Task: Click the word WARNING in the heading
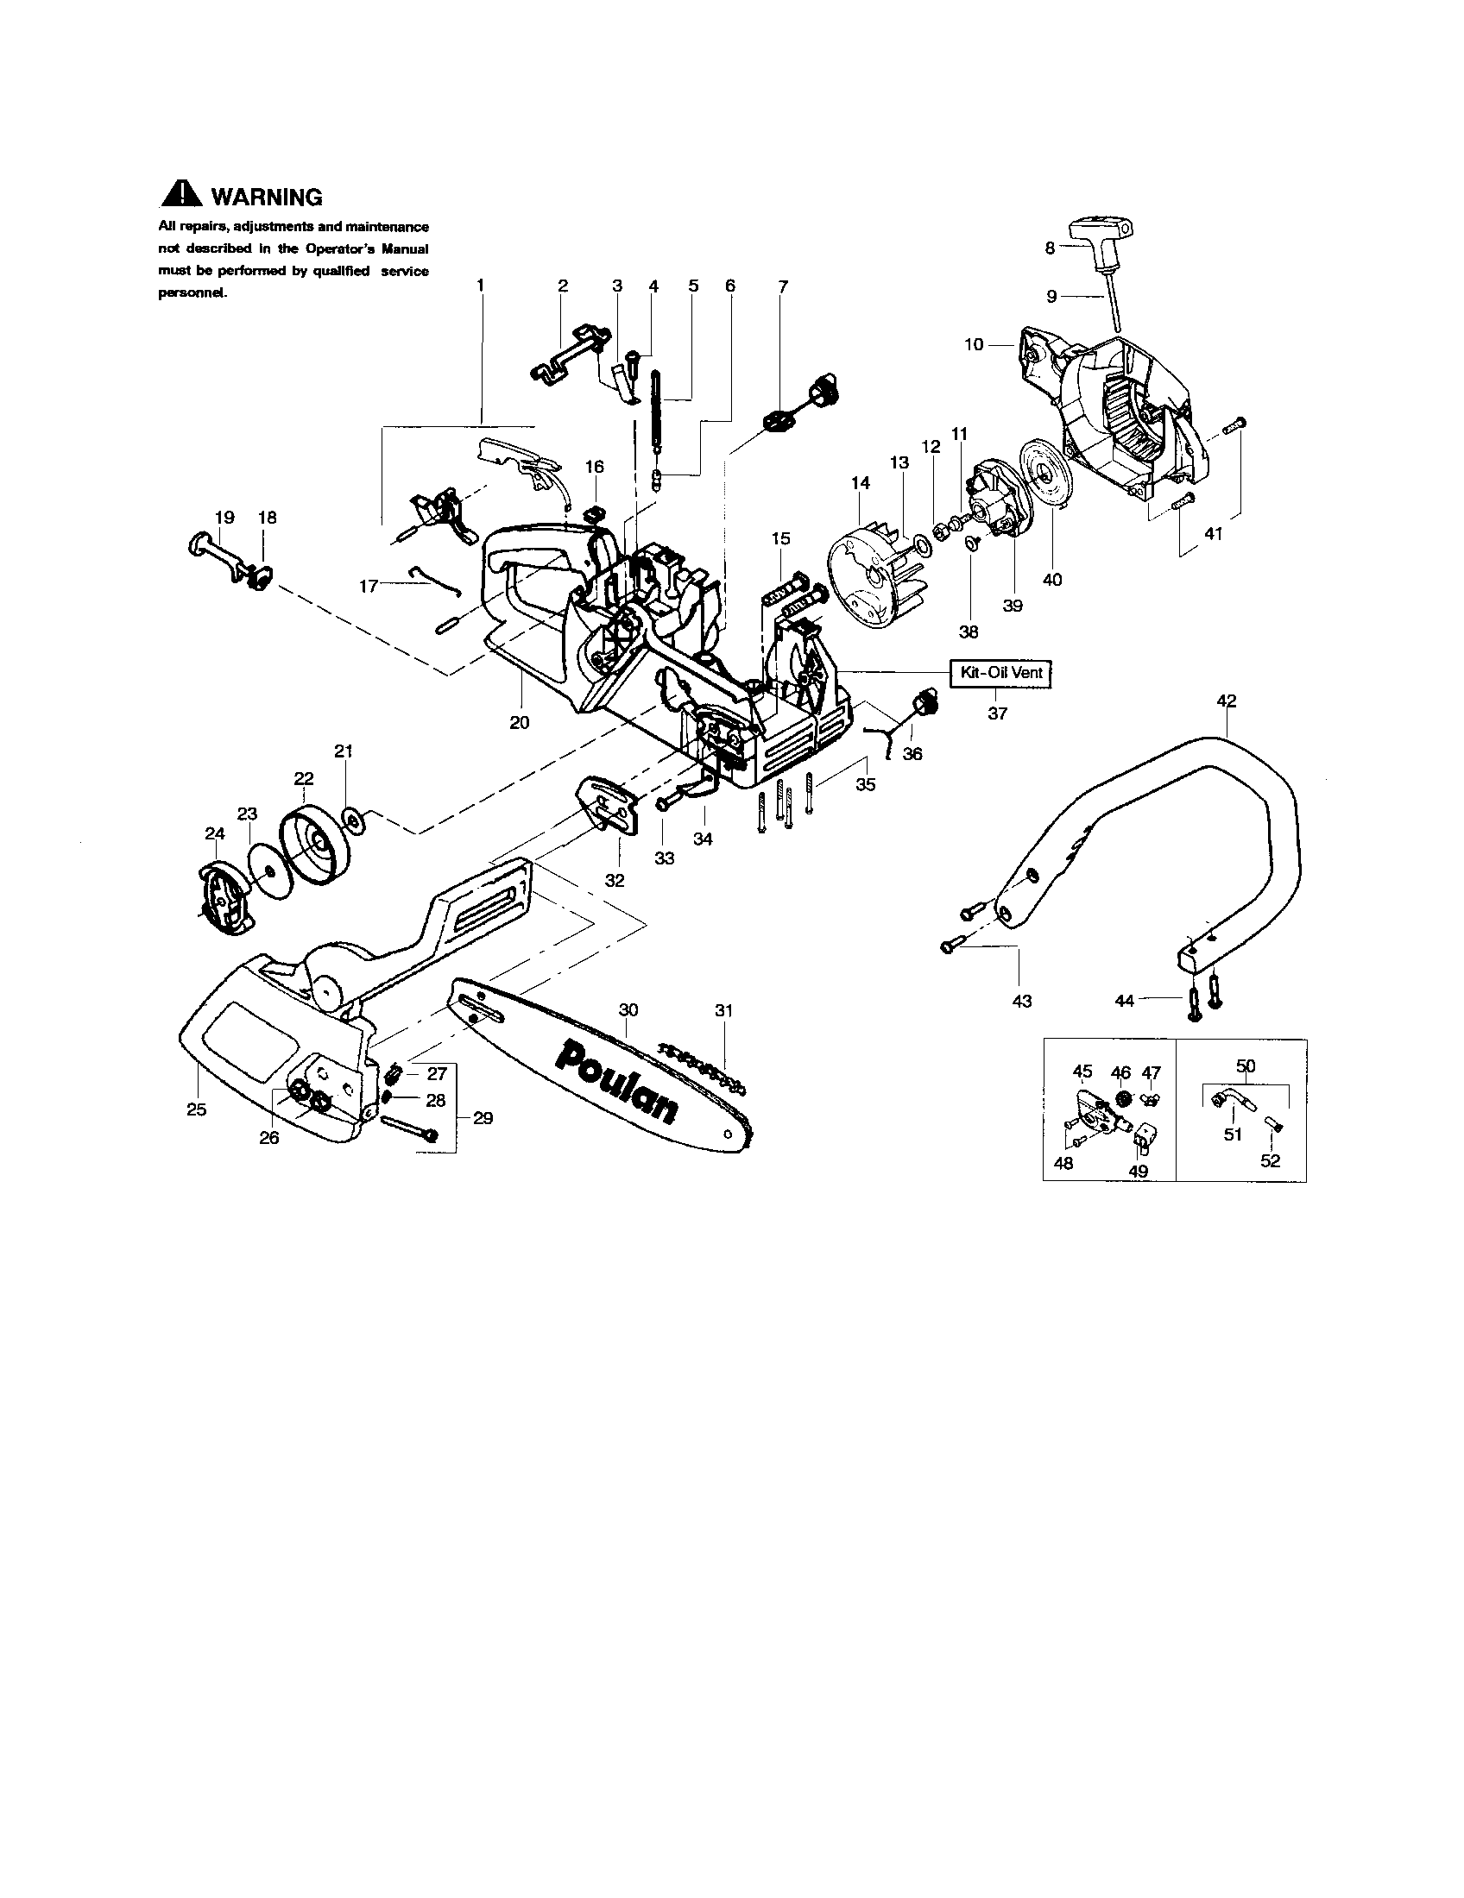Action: tap(267, 198)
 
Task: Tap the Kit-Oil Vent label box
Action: tap(1000, 673)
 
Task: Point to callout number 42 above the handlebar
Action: tap(1226, 701)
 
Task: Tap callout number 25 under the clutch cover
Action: tap(197, 1109)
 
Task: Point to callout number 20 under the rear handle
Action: tap(519, 722)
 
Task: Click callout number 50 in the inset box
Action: tap(1245, 1065)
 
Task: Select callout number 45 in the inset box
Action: tap(1082, 1072)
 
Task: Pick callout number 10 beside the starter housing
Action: tap(974, 344)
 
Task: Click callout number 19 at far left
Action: tap(224, 517)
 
